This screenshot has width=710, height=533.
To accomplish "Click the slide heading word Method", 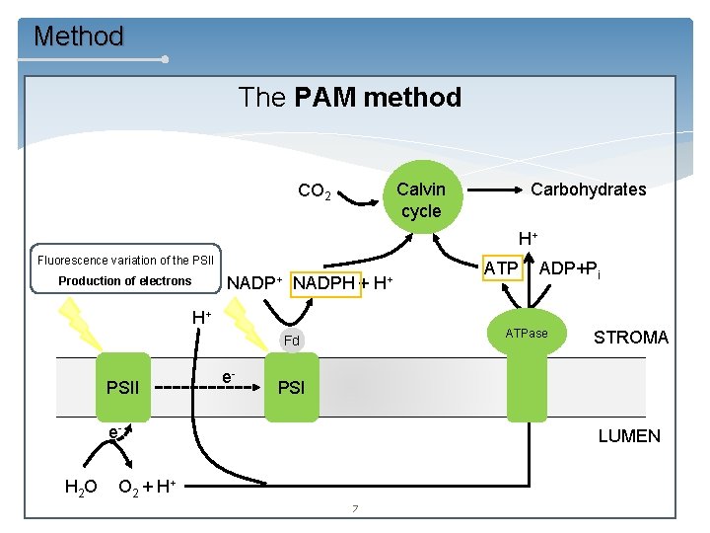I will pos(79,37).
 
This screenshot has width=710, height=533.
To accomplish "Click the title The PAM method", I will pos(349,97).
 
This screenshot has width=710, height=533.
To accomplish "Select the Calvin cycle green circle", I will pos(421,199).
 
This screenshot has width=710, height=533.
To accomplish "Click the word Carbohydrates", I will pos(588,190).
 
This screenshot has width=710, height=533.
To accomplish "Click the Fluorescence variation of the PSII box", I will pos(125,261).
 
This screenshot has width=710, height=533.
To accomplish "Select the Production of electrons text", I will pos(125,281).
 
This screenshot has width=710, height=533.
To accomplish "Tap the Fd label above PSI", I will pos(291,342).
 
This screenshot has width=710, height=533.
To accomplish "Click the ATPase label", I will pos(527,334).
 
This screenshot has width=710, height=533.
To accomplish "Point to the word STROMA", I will pos(630,338).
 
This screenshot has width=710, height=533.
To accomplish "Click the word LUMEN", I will pos(629,435).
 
